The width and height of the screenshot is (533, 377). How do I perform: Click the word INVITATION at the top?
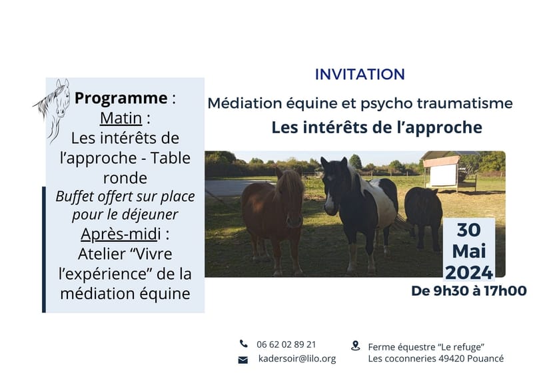[360, 74]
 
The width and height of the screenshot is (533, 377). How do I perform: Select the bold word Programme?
[121, 98]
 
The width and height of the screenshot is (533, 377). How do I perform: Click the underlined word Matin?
[121, 118]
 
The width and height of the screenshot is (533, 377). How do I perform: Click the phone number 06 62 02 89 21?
[286, 344]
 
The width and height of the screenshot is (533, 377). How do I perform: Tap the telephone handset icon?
[243, 344]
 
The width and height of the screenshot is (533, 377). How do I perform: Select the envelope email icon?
[243, 359]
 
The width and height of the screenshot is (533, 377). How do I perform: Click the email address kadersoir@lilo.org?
[296, 358]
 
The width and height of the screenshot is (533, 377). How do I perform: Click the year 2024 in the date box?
[469, 272]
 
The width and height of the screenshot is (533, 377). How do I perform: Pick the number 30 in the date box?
[469, 230]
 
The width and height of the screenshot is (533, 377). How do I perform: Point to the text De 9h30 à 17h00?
[469, 290]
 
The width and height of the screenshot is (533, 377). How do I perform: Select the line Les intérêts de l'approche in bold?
[376, 127]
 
